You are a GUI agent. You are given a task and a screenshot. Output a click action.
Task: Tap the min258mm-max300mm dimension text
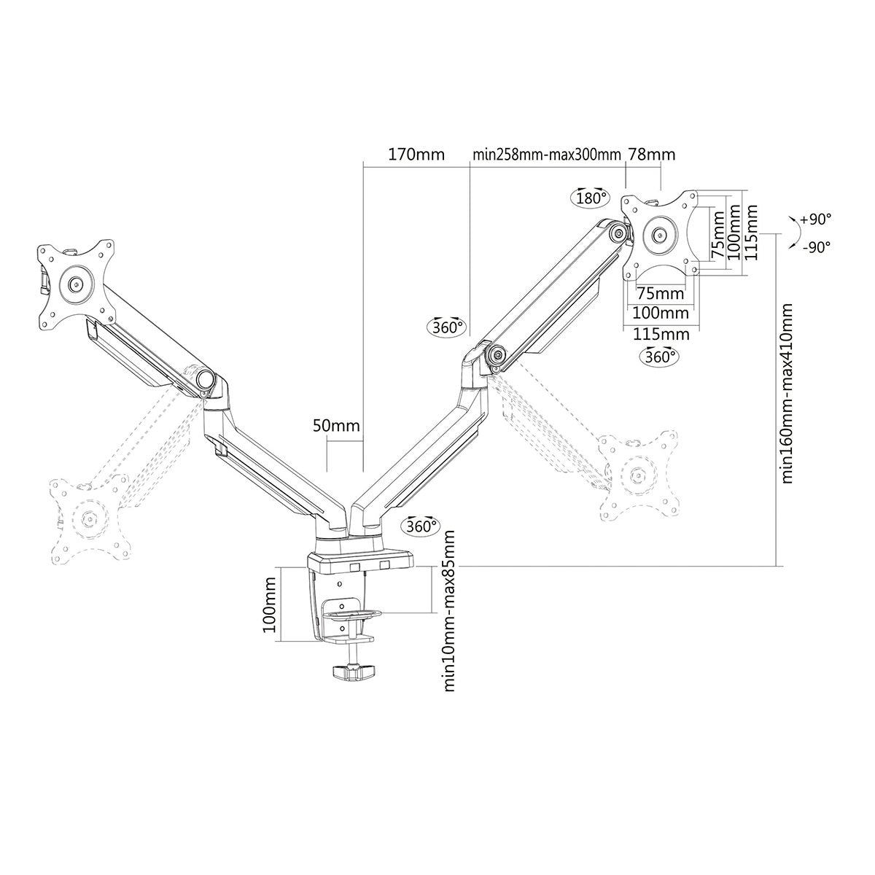546,155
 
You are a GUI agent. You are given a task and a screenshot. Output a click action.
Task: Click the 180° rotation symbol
590,198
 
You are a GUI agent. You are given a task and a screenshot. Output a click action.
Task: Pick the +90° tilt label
815,219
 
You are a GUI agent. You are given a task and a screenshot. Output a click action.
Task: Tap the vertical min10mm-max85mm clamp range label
450,610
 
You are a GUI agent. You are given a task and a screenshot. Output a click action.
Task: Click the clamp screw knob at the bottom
353,673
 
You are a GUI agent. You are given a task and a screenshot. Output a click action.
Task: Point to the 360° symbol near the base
421,526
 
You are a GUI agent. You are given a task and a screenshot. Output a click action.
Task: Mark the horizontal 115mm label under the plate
661,334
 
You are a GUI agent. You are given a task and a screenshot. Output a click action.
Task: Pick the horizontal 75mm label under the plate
661,293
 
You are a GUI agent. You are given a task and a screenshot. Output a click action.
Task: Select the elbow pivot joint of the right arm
499,355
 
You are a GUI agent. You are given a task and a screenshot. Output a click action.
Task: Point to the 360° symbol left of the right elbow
446,327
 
